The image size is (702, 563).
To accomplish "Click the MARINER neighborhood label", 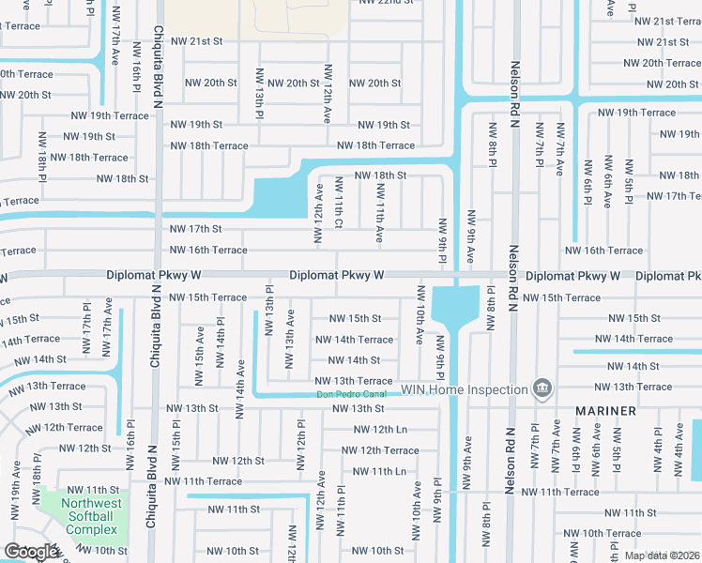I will (606, 411).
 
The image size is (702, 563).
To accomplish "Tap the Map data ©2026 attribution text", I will (661, 555).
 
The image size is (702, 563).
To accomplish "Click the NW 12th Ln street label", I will (380, 429).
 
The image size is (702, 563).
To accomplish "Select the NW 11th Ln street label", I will (380, 471).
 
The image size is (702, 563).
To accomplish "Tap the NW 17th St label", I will (195, 229).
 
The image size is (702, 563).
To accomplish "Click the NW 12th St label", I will (237, 461).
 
